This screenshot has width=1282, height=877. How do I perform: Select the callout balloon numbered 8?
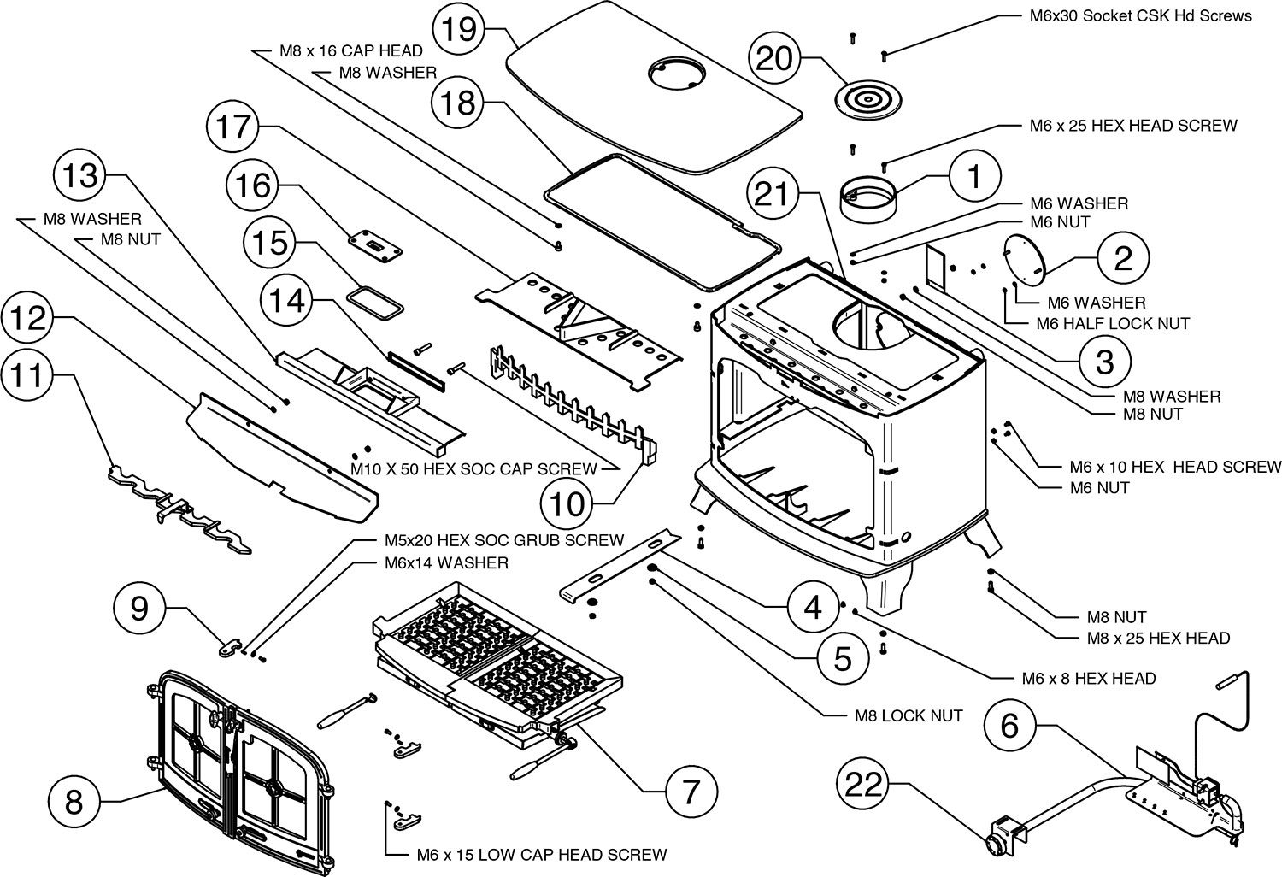[74, 802]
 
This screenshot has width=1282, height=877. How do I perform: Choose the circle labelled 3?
[1104, 362]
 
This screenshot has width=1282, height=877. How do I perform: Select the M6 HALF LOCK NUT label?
[1101, 324]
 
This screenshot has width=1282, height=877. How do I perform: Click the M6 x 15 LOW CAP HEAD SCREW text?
[542, 854]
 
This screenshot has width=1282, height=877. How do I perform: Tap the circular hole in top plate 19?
[673, 73]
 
